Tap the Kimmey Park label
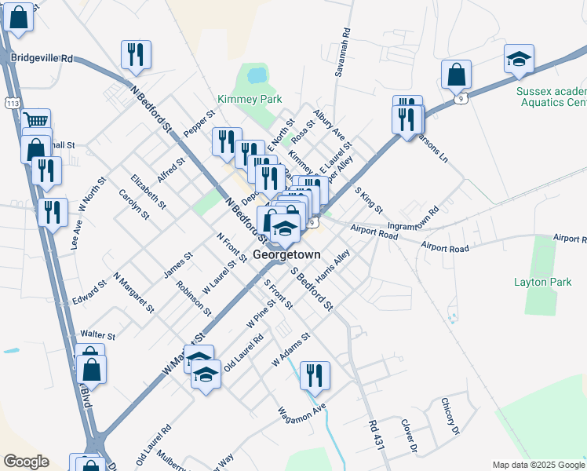250,100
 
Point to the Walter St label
97,335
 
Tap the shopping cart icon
35,121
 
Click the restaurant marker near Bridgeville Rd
135,54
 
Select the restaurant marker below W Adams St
314,374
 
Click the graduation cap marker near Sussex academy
519,59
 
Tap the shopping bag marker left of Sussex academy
456,74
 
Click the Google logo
26,462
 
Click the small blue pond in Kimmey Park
256,76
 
